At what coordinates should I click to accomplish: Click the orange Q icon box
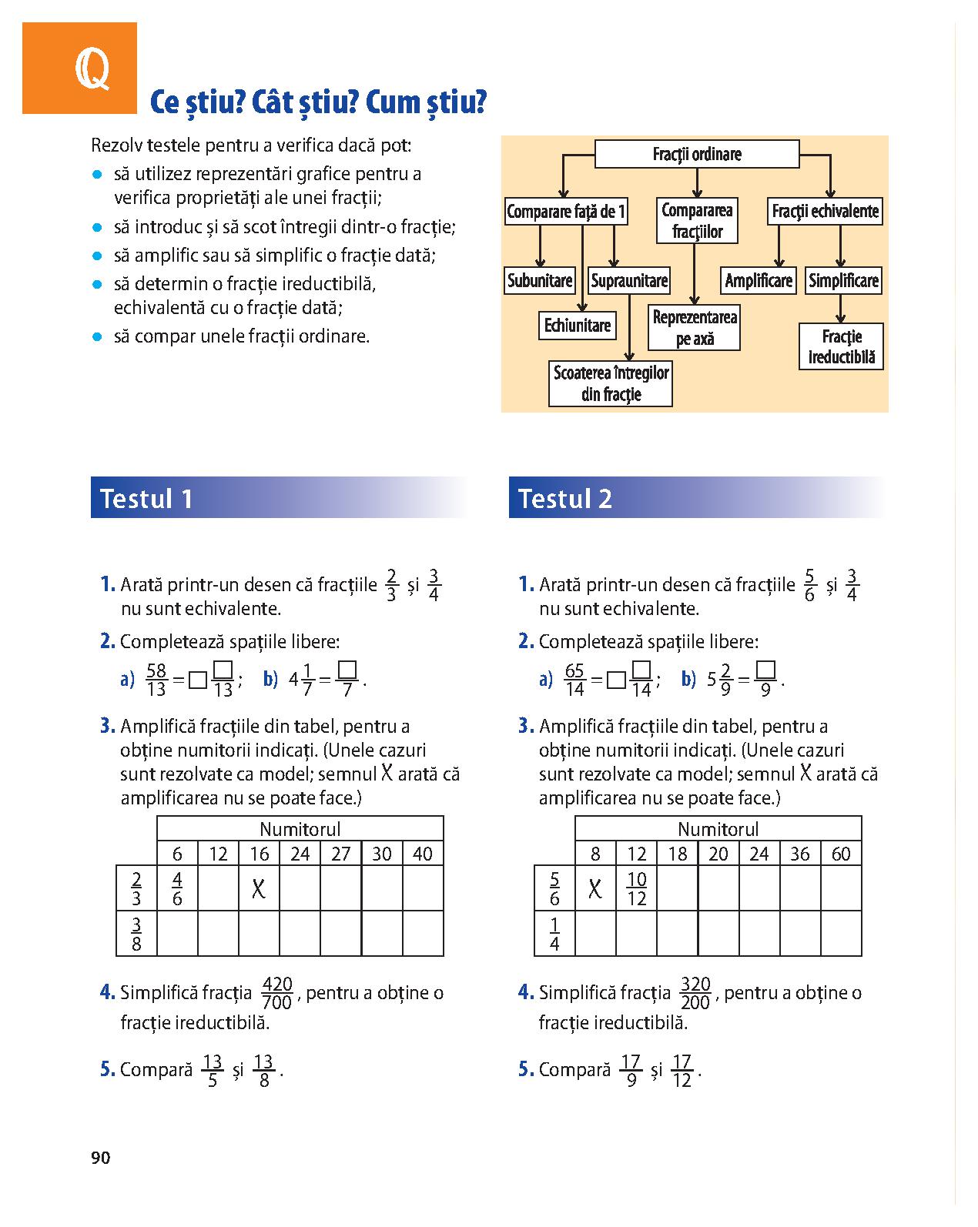(x=79, y=69)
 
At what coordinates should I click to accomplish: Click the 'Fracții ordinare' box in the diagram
(x=697, y=154)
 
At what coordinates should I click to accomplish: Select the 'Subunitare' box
(x=540, y=280)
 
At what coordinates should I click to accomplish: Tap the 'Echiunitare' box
(x=577, y=326)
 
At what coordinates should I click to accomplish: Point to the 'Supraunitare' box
(x=629, y=280)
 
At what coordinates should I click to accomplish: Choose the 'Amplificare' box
(x=759, y=280)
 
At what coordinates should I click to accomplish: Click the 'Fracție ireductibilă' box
(x=841, y=346)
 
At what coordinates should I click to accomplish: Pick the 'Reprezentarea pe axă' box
(x=695, y=328)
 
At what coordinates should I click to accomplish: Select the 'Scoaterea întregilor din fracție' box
(x=611, y=383)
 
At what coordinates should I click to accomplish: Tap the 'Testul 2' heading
(x=564, y=498)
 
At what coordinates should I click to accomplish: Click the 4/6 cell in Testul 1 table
(x=177, y=888)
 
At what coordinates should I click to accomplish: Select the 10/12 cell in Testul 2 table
(x=636, y=888)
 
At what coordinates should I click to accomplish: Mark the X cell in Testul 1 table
(x=259, y=889)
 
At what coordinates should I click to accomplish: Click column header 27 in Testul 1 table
(x=340, y=853)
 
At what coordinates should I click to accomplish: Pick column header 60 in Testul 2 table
(x=841, y=853)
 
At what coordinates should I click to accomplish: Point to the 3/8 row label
(x=136, y=933)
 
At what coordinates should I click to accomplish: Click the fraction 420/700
(x=277, y=993)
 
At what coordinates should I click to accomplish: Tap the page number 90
(x=100, y=1158)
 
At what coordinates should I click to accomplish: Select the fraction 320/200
(x=695, y=993)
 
